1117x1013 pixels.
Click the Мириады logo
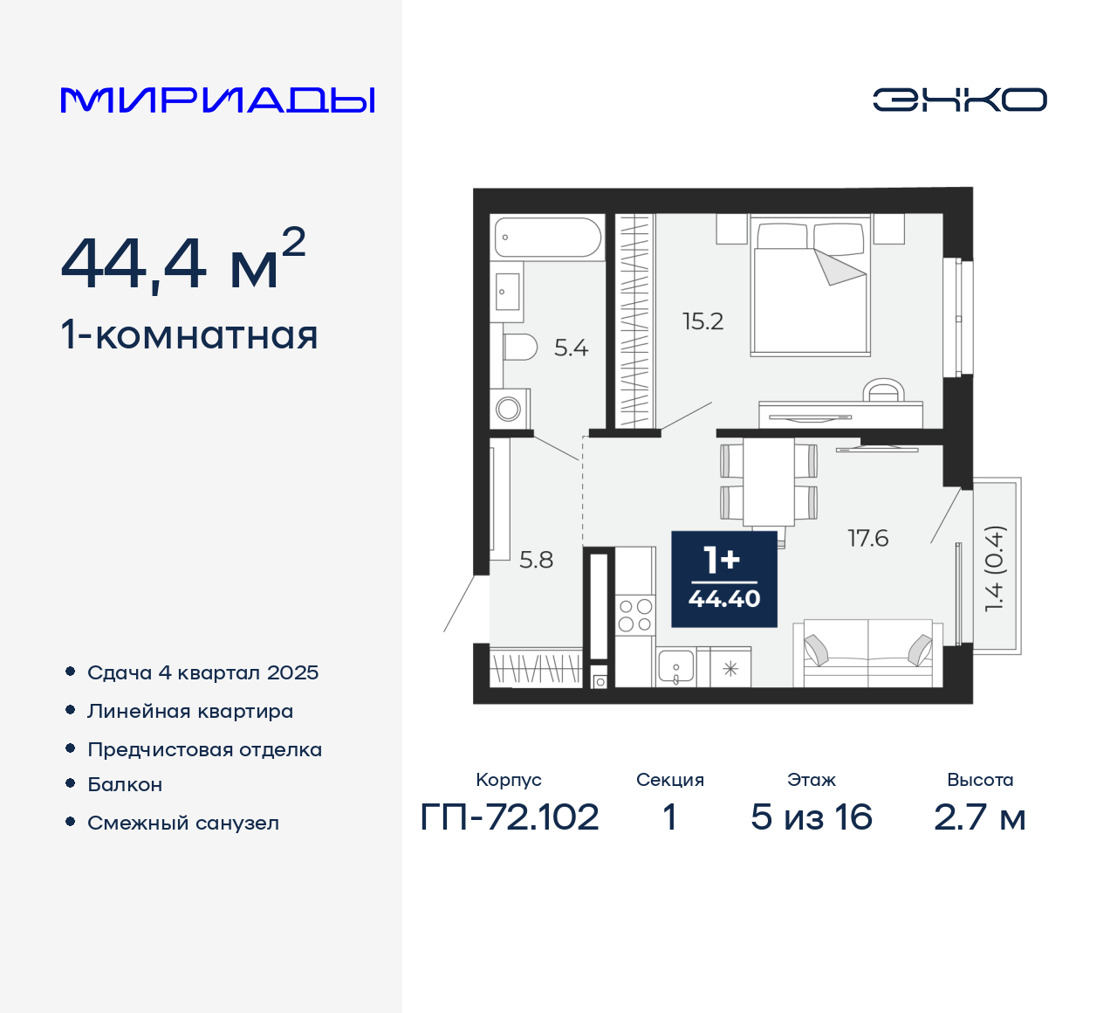coord(217,100)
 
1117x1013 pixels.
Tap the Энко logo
coord(959,100)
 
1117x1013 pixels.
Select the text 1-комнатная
coord(189,335)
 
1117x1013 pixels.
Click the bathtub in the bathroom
coord(548,237)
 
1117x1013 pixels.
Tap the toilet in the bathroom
coord(520,348)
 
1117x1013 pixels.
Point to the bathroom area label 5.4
coord(571,348)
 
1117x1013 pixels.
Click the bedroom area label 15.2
coord(702,321)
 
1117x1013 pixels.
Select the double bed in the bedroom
coord(811,288)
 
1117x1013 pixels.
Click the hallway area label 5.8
coord(536,560)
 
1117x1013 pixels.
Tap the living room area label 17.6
coord(867,538)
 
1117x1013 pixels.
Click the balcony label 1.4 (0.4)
coord(995,568)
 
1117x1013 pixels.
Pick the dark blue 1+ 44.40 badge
coord(723,579)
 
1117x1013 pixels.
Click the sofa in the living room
coord(867,653)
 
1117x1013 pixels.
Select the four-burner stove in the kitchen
coord(635,615)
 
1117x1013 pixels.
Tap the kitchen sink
coord(675,667)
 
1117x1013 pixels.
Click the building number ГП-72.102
coord(510,817)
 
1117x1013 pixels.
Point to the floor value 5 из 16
coord(811,817)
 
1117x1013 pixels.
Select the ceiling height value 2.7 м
coord(979,817)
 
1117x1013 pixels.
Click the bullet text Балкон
coord(125,784)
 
